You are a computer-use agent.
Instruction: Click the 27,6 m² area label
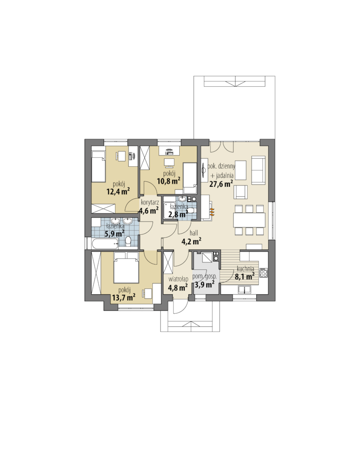pyautogui.click(x=221, y=184)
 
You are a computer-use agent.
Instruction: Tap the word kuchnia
pyautogui.click(x=246, y=269)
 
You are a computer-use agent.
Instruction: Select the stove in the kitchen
pyautogui.click(x=264, y=273)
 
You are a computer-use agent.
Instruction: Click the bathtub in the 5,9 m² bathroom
pyautogui.click(x=105, y=244)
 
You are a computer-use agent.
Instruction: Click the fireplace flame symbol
pyautogui.click(x=212, y=211)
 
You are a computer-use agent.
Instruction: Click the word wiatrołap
pyautogui.click(x=178, y=279)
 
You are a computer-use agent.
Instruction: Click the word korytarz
pyautogui.click(x=150, y=202)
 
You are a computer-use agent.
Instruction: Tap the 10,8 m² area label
pyautogui.click(x=169, y=181)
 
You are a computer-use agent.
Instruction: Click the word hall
pyautogui.click(x=194, y=233)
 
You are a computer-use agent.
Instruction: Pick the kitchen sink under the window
pyautogui.click(x=244, y=290)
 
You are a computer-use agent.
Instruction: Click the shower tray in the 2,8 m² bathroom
pyautogui.click(x=169, y=209)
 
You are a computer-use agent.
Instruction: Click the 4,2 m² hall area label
pyautogui.click(x=191, y=242)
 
